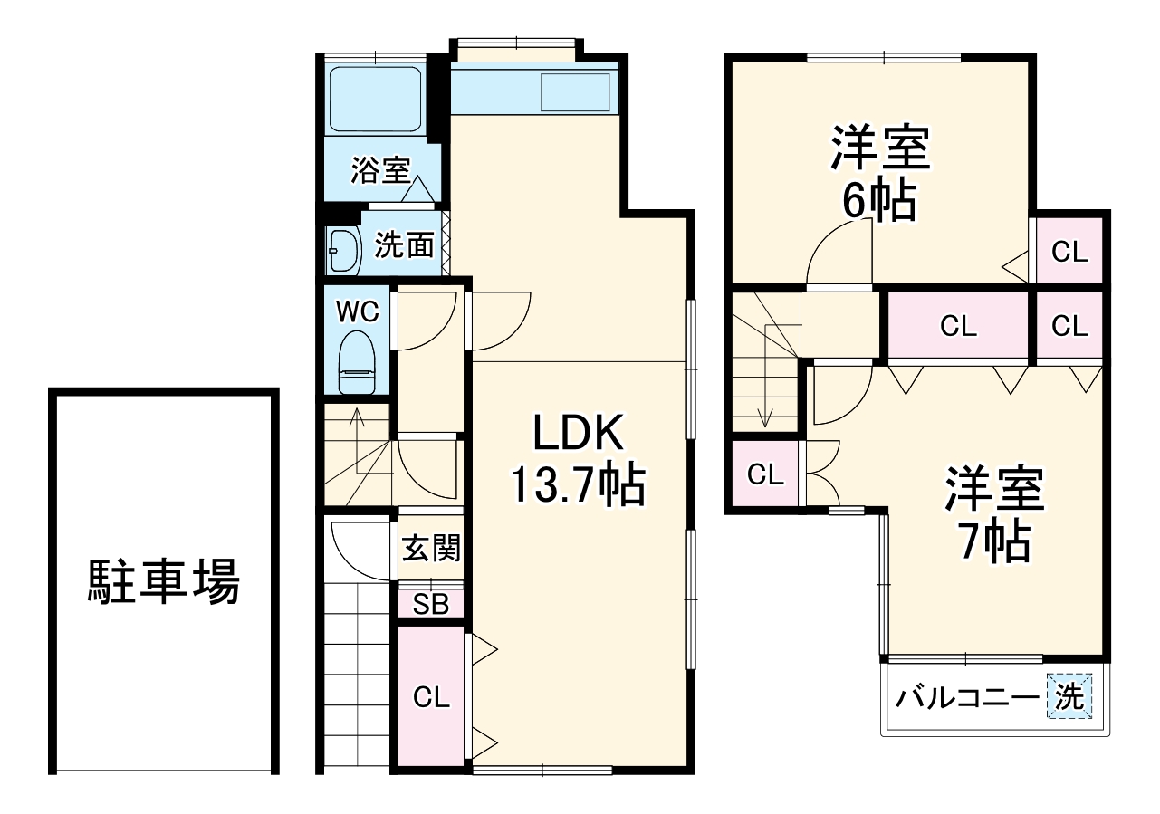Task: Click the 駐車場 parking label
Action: point(164,581)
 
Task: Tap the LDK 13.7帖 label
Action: point(577,461)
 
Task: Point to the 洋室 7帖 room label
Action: point(995,514)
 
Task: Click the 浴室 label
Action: point(380,170)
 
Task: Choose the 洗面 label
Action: point(404,244)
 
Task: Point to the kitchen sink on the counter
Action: point(575,92)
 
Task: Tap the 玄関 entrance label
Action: point(431,548)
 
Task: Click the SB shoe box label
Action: point(431,605)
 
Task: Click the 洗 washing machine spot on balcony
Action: point(1069,697)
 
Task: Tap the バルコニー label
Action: point(966,698)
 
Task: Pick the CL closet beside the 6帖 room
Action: point(1069,252)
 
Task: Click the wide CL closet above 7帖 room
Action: point(958,326)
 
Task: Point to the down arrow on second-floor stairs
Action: point(766,417)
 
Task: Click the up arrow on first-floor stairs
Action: point(357,418)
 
